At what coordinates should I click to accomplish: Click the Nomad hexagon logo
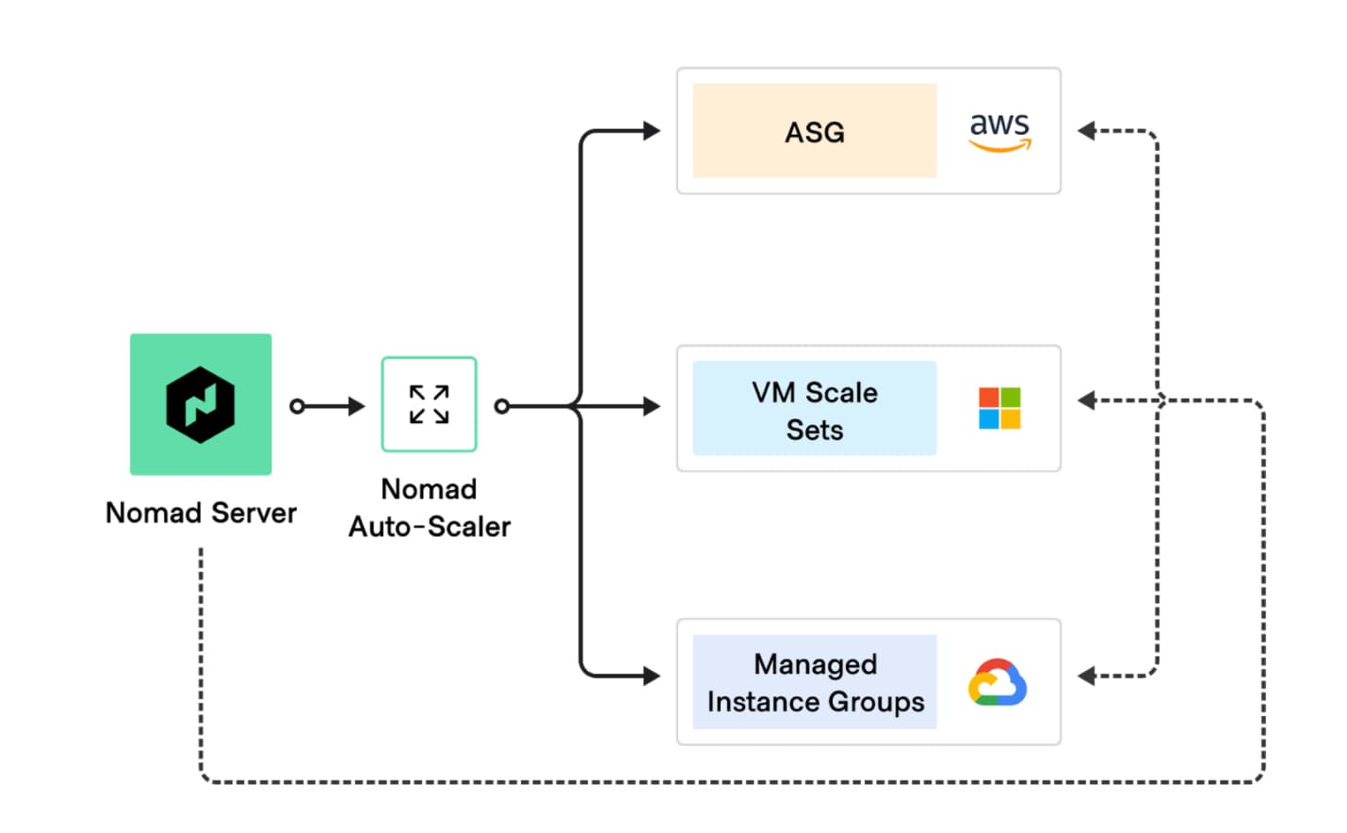click(x=201, y=404)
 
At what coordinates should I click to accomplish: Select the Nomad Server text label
click(x=201, y=513)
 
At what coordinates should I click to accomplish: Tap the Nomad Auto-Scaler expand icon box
click(x=429, y=404)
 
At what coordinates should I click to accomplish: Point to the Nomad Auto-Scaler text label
click(x=430, y=508)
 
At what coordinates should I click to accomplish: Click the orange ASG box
click(x=814, y=131)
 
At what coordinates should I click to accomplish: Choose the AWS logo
click(x=999, y=131)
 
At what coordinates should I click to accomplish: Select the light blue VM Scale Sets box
click(x=814, y=408)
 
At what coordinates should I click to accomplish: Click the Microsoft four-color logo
click(x=999, y=408)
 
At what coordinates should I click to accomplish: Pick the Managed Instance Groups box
click(x=814, y=682)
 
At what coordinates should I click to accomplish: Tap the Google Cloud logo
click(x=998, y=683)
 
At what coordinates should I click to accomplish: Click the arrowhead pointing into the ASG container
click(x=651, y=131)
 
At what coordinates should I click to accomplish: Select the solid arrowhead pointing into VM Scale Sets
click(x=651, y=406)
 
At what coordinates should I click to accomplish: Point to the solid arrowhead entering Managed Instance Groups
click(x=651, y=676)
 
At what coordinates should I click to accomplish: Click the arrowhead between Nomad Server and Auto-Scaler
click(x=356, y=406)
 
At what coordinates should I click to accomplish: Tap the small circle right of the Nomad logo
click(x=298, y=406)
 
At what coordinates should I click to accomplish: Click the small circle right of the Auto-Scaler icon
click(x=502, y=406)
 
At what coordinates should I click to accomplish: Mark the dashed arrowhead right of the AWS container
click(x=1087, y=131)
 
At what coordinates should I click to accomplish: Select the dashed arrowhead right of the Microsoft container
click(x=1087, y=401)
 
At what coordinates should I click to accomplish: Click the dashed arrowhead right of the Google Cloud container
click(x=1087, y=676)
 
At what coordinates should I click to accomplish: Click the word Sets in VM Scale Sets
click(x=814, y=430)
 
